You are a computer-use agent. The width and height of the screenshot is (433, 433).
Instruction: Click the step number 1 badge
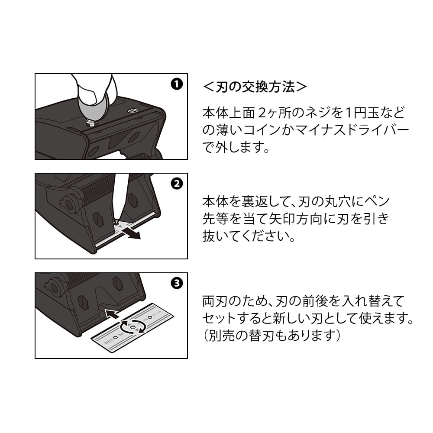point(177,84)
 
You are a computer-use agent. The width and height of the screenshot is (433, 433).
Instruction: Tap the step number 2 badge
point(177,184)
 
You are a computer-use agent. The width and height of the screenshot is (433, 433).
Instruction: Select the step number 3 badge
point(177,283)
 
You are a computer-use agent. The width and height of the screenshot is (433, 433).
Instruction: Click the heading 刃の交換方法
point(255,87)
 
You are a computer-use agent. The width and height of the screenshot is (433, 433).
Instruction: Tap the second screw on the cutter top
point(133,111)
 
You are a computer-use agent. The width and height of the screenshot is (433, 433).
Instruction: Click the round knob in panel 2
point(67,204)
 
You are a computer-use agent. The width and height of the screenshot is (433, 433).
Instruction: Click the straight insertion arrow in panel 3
point(112,313)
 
